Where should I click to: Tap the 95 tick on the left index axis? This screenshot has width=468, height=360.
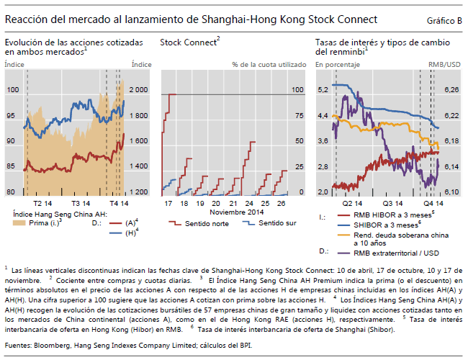(12, 115)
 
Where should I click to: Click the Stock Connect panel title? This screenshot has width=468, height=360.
(189, 43)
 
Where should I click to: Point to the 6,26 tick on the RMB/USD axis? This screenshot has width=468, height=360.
(451, 90)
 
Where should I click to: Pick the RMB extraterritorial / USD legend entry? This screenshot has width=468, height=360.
(393, 252)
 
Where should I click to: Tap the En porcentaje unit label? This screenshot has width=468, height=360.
(337, 65)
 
